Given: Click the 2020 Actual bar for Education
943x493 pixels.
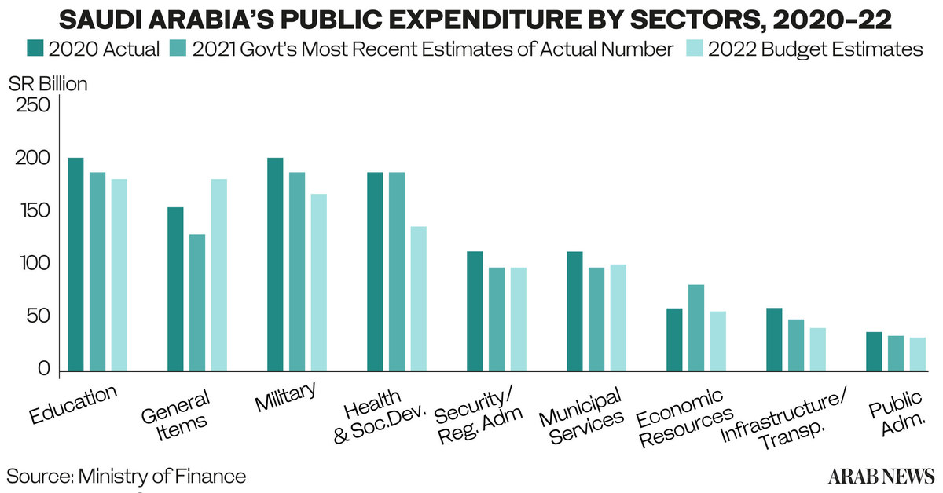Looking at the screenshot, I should [x=75, y=264].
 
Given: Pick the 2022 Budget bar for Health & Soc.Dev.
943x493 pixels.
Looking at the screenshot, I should [x=418, y=298].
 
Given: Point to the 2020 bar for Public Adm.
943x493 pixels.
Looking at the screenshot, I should [x=874, y=351].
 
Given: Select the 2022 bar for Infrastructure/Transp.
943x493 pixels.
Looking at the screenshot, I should [x=796, y=349].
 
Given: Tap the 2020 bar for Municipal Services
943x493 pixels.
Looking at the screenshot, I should [x=574, y=311].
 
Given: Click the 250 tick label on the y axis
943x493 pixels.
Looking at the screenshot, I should [x=32, y=106].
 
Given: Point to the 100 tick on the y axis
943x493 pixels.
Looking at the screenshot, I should [x=32, y=265].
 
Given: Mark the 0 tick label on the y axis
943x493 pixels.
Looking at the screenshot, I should [x=43, y=370].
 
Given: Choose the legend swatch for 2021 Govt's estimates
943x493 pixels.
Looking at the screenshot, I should [x=177, y=49].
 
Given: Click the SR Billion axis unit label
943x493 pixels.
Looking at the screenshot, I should [x=48, y=83].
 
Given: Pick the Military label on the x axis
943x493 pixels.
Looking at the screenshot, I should [x=286, y=397].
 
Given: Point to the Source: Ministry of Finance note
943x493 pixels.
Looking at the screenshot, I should [x=127, y=476].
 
